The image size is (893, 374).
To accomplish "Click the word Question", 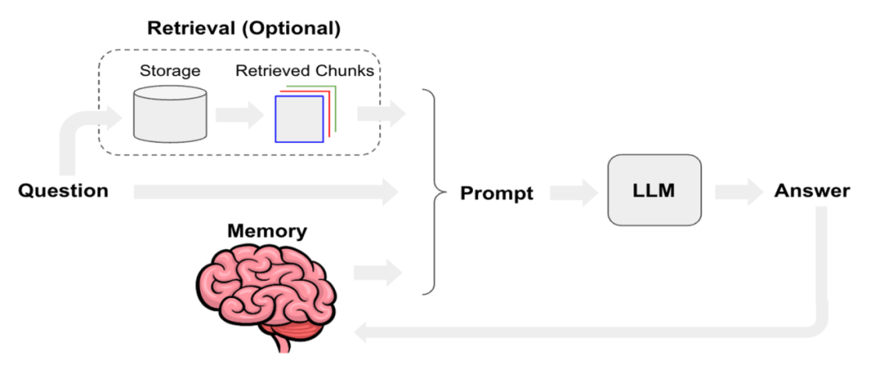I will (x=63, y=191).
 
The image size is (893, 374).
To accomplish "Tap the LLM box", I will (x=654, y=191).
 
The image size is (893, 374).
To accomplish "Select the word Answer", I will (x=812, y=191).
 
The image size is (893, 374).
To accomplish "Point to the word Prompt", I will (x=496, y=193).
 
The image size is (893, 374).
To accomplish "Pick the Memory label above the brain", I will (x=266, y=230).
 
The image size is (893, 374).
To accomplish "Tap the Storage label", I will (x=170, y=70).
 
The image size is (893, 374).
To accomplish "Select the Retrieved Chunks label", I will (x=304, y=70).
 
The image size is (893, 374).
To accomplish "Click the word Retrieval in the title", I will (x=189, y=28).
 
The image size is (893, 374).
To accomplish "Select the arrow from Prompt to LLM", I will (x=573, y=192).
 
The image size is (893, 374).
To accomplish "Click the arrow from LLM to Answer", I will (x=738, y=192).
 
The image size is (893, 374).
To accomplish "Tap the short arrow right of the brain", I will (x=379, y=272).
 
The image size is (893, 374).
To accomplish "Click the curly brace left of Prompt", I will (x=429, y=192).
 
